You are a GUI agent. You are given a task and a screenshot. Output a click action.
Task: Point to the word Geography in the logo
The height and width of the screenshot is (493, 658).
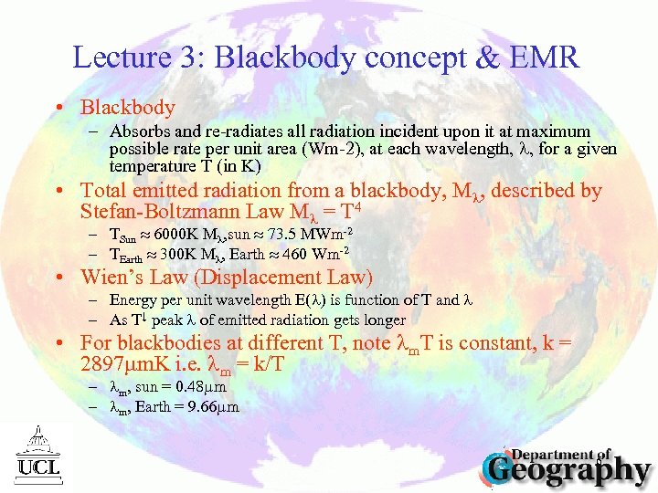coord(568,470)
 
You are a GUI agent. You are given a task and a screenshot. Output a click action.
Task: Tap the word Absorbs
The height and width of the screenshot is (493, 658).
coord(138,131)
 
